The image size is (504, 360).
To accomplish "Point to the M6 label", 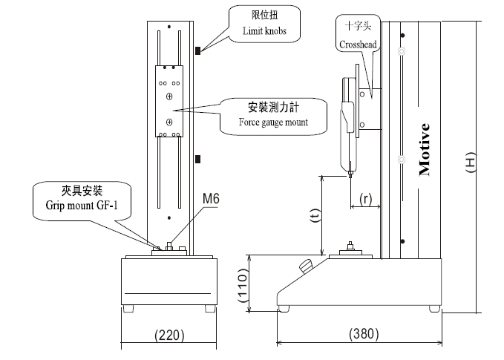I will pos(210,198).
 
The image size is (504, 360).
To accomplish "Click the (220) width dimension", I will pos(168,335).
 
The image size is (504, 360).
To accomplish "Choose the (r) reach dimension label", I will pos(364,198).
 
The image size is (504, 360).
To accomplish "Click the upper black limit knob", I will pos(198,51).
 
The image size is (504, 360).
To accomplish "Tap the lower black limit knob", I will pos(198,159).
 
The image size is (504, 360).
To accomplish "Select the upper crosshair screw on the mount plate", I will pos(169,97).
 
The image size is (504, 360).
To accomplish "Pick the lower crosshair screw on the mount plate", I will pos(169,121).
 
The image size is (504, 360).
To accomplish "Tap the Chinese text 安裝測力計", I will pos(273,106).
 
